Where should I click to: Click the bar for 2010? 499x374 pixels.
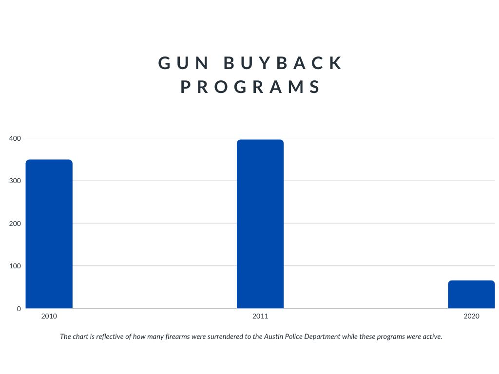[49, 234]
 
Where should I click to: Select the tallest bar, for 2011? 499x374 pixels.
[260, 224]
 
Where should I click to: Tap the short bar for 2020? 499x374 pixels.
[471, 294]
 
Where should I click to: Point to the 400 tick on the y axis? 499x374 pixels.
[15, 138]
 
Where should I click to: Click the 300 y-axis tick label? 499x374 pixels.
[15, 181]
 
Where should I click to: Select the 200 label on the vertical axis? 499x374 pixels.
[15, 223]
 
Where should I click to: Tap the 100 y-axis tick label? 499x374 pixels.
[15, 266]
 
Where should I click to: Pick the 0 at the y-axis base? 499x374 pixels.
[19, 308]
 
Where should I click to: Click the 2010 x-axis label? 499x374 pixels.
[49, 316]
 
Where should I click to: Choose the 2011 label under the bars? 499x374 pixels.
[260, 316]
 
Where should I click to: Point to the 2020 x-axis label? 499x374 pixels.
[471, 316]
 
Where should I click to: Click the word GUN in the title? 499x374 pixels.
[183, 63]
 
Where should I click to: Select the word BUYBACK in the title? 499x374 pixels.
[283, 63]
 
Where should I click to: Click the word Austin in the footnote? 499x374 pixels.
[274, 337]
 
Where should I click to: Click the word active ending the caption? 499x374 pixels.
[433, 337]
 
